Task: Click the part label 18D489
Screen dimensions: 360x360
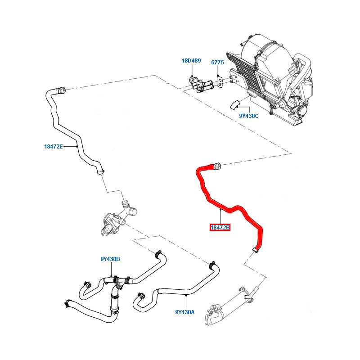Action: click(191, 61)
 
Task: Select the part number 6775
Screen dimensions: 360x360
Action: click(217, 63)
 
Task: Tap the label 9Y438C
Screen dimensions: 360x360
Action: click(249, 116)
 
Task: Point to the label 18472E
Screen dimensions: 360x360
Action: click(54, 147)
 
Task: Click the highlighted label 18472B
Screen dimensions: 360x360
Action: click(220, 228)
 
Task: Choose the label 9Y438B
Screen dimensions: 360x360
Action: click(110, 259)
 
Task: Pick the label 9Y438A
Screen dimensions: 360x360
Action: click(185, 312)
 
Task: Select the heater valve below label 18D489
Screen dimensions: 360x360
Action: click(200, 85)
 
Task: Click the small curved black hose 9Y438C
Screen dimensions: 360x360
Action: click(234, 105)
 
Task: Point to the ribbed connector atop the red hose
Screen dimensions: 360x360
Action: click(216, 166)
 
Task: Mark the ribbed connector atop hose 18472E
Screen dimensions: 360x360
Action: click(61, 90)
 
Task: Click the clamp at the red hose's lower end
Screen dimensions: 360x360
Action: click(256, 250)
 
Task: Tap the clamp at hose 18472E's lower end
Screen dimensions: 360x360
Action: click(100, 171)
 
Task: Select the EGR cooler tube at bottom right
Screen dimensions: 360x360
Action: click(231, 306)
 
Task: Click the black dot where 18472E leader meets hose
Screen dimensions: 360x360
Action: click(76, 146)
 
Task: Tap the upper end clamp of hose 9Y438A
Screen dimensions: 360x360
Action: click(211, 265)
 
